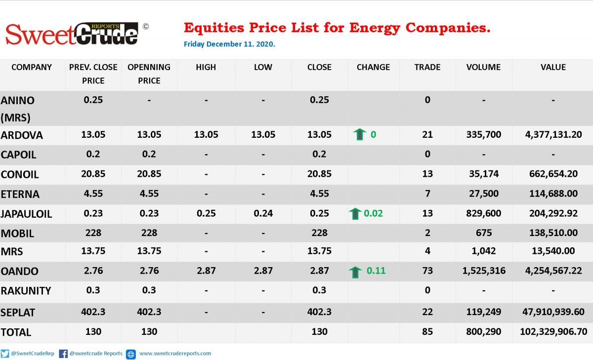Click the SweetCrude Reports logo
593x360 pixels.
click(72, 34)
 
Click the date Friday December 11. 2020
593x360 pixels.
click(229, 44)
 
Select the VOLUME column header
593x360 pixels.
click(483, 67)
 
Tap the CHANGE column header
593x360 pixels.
click(373, 67)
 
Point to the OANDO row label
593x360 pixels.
click(20, 271)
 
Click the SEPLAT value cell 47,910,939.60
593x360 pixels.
click(553, 312)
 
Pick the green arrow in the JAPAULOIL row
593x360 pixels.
click(355, 214)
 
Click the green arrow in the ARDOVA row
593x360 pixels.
click(360, 134)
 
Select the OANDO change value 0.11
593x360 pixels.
click(376, 271)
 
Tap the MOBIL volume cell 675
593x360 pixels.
click(484, 233)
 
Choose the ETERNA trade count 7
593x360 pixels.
click(427, 194)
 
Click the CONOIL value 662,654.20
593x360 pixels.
click(553, 174)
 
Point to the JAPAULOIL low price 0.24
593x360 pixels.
click(263, 213)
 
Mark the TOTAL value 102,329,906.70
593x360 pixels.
click(553, 332)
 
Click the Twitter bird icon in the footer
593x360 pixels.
click(5, 354)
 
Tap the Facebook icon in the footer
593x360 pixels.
click(63, 354)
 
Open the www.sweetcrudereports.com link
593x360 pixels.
click(175, 354)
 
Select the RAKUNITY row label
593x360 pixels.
click(26, 291)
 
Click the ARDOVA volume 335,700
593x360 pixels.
click(484, 134)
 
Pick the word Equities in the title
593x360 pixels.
click(214, 28)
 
